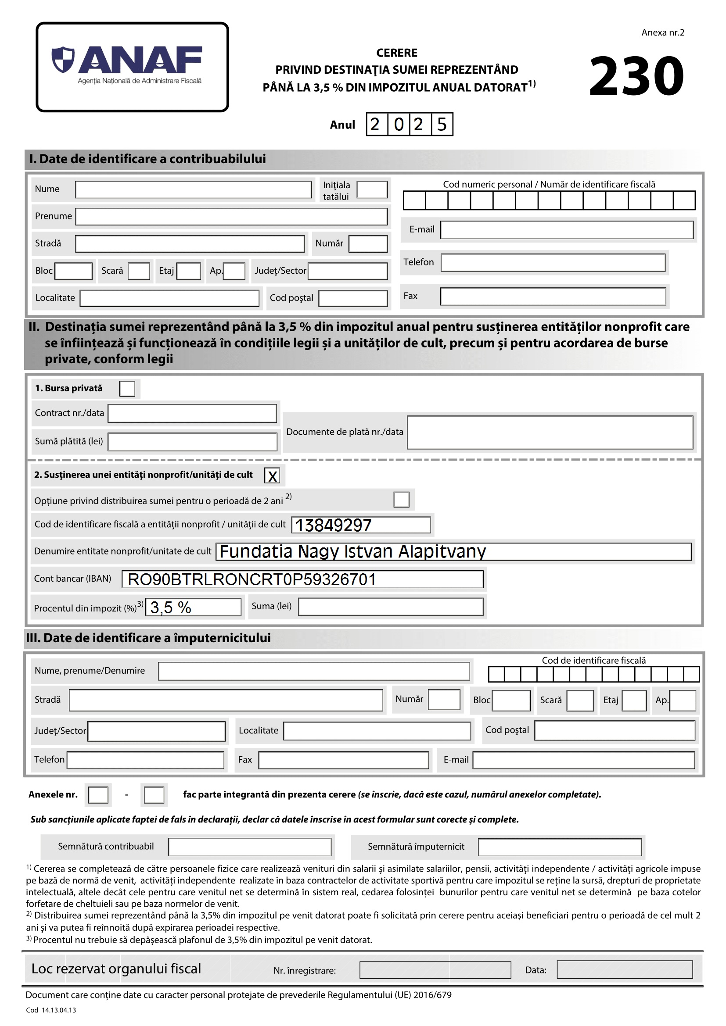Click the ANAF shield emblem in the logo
(63, 59)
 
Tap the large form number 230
(636, 76)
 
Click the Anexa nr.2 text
(662, 32)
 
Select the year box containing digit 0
(398, 124)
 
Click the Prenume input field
(231, 216)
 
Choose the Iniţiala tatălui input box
(372, 189)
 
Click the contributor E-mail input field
(566, 230)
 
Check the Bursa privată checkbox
(127, 388)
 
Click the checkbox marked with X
(272, 475)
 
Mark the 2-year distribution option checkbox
(401, 499)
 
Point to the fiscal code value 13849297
(334, 525)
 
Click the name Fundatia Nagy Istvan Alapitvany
(353, 551)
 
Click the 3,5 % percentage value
(171, 607)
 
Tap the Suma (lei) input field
(390, 607)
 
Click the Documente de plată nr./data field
(550, 432)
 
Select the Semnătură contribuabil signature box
(249, 847)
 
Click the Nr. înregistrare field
(435, 970)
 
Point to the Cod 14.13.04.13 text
(51, 1010)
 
